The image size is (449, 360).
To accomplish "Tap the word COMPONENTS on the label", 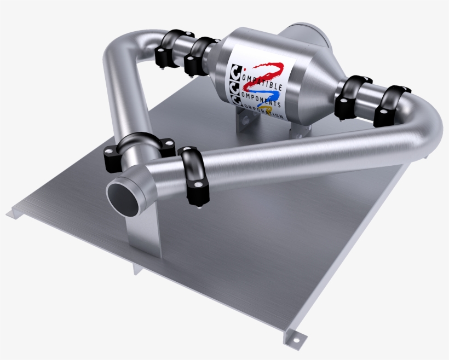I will (x=262, y=96).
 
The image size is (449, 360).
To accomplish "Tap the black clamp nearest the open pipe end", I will (x=192, y=176).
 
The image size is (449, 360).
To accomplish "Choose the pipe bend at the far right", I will (x=427, y=129).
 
